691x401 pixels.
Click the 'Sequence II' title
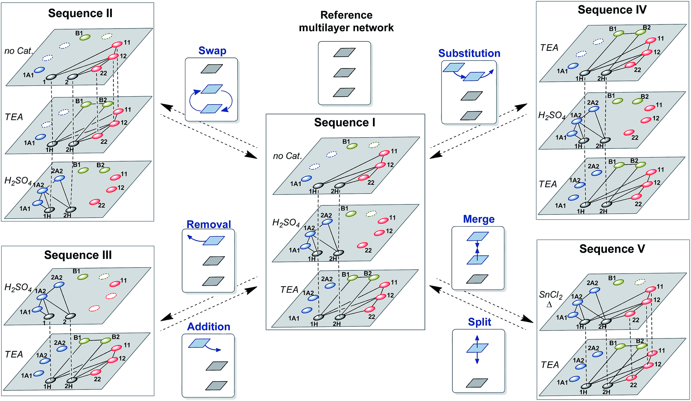pyautogui.click(x=80, y=13)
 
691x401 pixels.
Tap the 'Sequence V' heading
pyautogui.click(x=612, y=249)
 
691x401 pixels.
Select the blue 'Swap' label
pyautogui.click(x=212, y=51)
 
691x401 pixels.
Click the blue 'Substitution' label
pyautogui.click(x=469, y=53)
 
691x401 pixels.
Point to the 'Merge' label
pyautogui.click(x=478, y=219)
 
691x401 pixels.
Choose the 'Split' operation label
pyautogui.click(x=479, y=322)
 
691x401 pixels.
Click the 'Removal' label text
pyautogui.click(x=209, y=224)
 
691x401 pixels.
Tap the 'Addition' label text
pyautogui.click(x=209, y=327)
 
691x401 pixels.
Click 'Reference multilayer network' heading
pyautogui.click(x=346, y=21)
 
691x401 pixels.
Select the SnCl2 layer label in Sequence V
pyautogui.click(x=551, y=295)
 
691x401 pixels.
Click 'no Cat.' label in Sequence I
pyautogui.click(x=287, y=156)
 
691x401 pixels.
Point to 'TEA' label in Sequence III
pyautogui.click(x=14, y=354)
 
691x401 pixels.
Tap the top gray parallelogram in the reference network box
pyautogui.click(x=344, y=52)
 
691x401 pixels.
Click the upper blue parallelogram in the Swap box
pyautogui.click(x=212, y=89)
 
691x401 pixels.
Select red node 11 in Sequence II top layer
pyautogui.click(x=117, y=44)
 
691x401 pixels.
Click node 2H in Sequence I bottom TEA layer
pyautogui.click(x=340, y=317)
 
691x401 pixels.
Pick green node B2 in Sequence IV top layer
pyautogui.click(x=641, y=32)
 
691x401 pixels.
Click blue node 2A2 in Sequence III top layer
pyautogui.click(x=59, y=285)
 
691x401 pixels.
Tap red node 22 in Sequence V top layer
pyautogui.click(x=630, y=314)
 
